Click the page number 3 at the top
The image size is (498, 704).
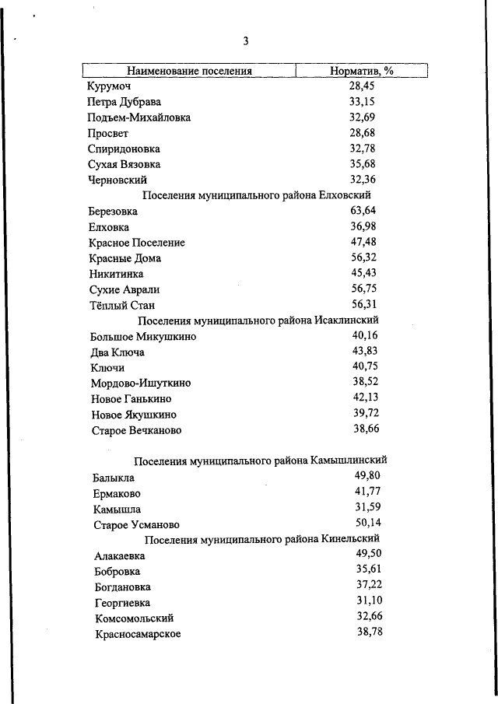click(x=246, y=41)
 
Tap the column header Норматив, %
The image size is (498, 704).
click(x=362, y=71)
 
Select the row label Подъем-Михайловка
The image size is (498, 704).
click(x=139, y=117)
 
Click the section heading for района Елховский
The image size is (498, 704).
click(x=258, y=195)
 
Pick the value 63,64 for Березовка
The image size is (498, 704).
click(x=363, y=210)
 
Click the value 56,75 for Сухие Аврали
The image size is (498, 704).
click(x=363, y=288)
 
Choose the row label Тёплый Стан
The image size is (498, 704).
click(x=123, y=305)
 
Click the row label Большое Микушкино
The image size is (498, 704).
click(x=143, y=337)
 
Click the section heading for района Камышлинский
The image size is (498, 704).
click(x=261, y=461)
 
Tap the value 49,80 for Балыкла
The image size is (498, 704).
click(x=367, y=475)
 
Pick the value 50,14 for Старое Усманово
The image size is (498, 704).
click(x=368, y=522)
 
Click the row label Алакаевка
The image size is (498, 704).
click(x=119, y=556)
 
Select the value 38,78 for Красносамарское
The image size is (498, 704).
click(x=370, y=632)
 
